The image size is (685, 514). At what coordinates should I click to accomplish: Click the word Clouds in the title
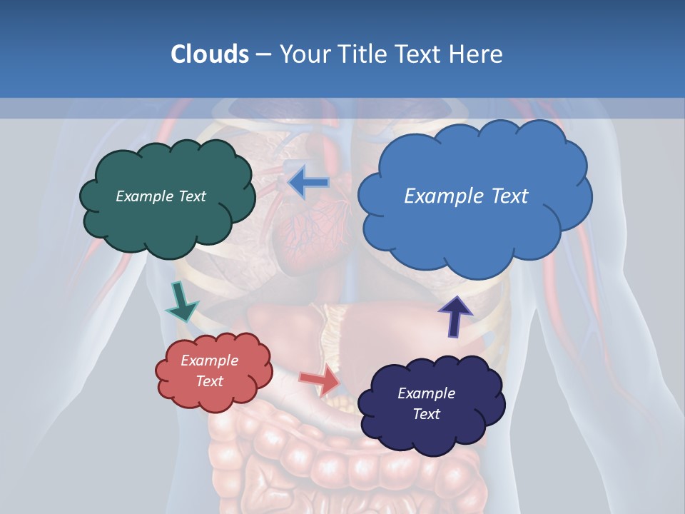(x=210, y=54)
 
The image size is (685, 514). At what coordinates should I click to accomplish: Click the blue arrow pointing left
(x=308, y=183)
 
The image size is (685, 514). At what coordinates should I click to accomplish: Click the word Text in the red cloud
(x=210, y=381)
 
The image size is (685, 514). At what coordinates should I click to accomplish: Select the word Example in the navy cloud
(x=426, y=393)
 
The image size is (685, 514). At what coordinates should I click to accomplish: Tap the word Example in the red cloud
(x=210, y=361)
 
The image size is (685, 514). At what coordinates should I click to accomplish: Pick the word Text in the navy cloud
(x=426, y=414)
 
